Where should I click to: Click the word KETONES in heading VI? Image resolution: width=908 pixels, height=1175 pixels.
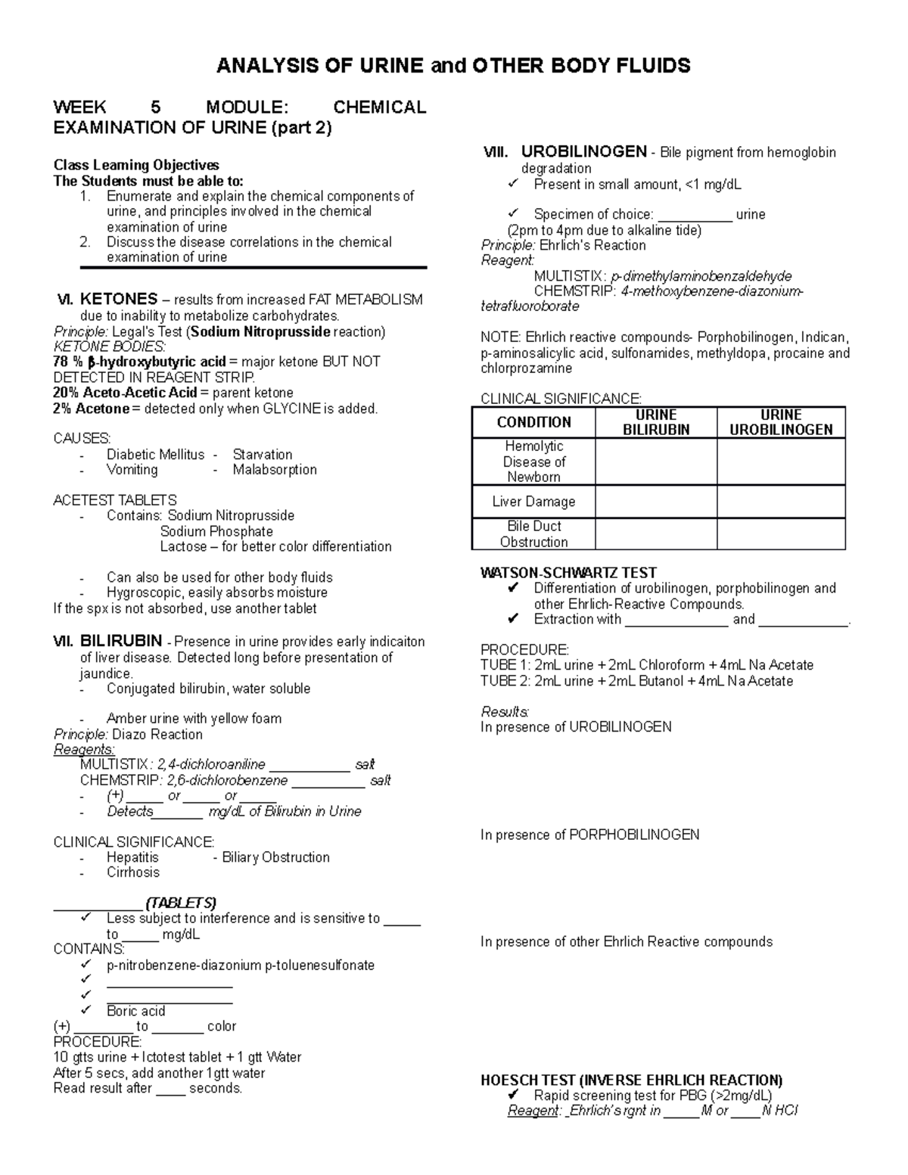(x=119, y=299)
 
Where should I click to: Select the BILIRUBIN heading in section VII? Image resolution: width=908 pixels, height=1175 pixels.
(x=120, y=642)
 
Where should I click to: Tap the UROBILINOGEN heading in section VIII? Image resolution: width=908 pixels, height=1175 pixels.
(x=583, y=151)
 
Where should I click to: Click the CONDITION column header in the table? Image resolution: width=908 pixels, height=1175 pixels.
(x=533, y=422)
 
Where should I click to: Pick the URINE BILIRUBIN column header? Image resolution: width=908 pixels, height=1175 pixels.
(x=656, y=422)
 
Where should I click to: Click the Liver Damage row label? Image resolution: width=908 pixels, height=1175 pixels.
(x=533, y=502)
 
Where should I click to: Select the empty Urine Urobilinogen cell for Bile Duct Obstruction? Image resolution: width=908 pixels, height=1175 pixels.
(x=781, y=534)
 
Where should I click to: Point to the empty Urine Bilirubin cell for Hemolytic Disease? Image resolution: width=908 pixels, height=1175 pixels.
(x=656, y=462)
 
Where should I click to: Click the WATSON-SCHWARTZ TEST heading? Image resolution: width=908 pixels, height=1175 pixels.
(x=568, y=573)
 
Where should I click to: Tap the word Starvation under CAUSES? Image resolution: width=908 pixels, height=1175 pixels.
(x=263, y=454)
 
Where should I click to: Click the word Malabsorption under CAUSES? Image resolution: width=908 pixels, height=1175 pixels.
(x=275, y=470)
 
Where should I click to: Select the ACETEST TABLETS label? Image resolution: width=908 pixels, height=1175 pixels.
(x=114, y=500)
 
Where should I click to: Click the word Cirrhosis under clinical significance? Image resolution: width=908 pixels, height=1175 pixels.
(x=133, y=872)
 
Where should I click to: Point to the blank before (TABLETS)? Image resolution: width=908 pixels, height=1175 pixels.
(x=97, y=903)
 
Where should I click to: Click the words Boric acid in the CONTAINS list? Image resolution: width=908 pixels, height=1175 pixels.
(x=135, y=1011)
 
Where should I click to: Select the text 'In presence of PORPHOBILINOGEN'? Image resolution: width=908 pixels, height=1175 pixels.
(x=589, y=835)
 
